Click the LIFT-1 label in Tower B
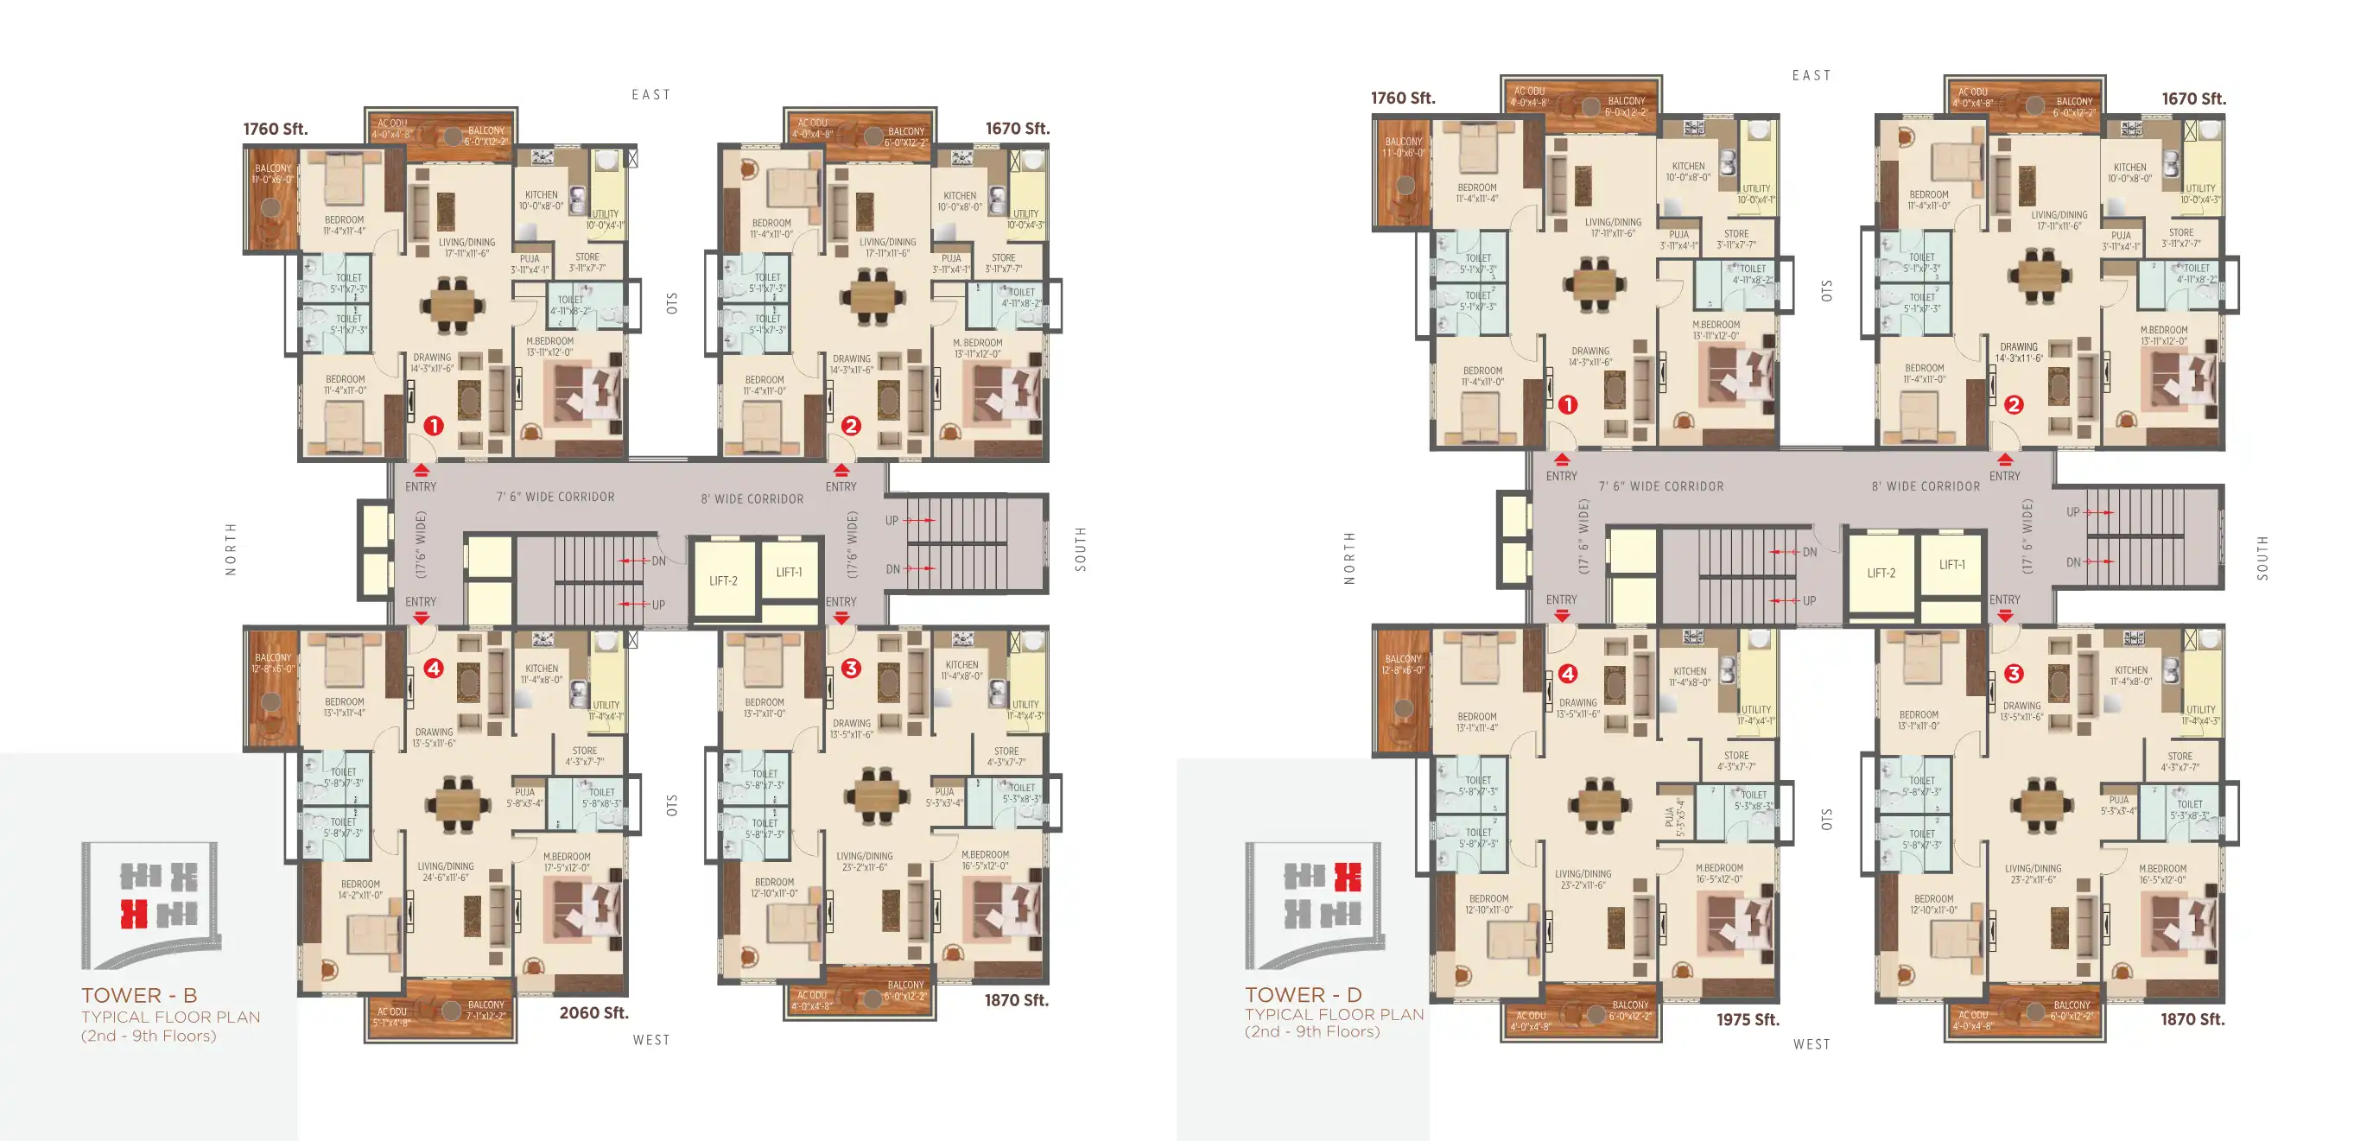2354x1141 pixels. point(789,572)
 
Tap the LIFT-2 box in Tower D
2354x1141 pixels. point(1881,573)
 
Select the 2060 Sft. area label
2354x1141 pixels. point(593,1012)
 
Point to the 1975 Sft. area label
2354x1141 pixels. point(1748,1019)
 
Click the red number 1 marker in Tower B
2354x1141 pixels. point(434,426)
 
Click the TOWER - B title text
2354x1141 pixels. point(139,995)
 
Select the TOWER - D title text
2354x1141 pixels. point(1303,994)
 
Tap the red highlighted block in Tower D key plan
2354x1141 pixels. point(1347,877)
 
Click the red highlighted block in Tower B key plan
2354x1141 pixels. point(135,913)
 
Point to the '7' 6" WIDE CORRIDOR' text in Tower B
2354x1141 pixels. point(555,497)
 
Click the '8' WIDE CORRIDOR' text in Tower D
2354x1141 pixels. point(1926,486)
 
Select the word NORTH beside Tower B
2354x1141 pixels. point(232,549)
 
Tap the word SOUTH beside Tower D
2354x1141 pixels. point(2262,558)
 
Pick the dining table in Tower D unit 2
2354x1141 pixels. point(2039,273)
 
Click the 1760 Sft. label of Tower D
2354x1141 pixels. point(1402,98)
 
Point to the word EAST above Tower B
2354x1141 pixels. point(650,95)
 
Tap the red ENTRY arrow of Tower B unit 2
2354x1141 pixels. point(841,471)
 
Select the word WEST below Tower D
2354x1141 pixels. point(1812,1044)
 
